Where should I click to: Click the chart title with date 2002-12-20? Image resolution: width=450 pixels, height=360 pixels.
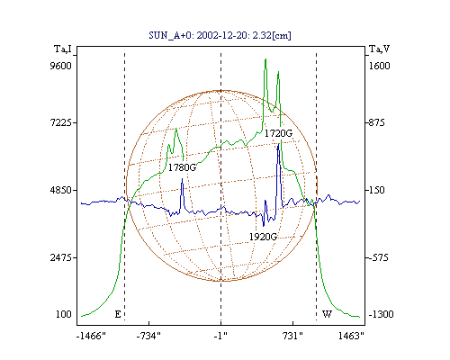point(220,35)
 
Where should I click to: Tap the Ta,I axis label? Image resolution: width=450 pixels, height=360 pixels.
point(63,49)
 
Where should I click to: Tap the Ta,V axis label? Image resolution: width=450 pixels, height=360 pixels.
point(379,49)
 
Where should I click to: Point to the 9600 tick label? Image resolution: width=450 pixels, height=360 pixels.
point(60,66)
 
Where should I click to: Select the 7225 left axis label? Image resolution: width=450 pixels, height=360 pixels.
point(61,122)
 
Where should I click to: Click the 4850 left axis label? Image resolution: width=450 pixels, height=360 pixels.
point(61,190)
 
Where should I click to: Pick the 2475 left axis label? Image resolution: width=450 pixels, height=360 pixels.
point(61,257)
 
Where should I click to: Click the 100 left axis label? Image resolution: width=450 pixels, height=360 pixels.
point(64,314)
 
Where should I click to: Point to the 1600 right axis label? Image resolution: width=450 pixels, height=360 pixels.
point(379,66)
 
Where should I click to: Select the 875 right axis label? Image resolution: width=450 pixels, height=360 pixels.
point(376,122)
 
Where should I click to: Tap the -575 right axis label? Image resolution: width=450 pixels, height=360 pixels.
point(378,257)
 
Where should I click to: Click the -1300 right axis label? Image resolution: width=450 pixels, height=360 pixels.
point(381,314)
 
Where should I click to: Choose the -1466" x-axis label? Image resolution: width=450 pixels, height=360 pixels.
point(91,336)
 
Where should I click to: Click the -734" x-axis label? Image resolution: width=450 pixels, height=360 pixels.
point(148,336)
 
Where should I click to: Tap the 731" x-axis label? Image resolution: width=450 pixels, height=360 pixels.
point(292,336)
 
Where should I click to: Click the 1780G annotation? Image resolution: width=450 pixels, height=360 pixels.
point(182,167)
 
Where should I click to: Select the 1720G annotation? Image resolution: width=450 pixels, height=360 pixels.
point(278,133)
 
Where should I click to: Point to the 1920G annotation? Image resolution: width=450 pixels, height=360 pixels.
point(263,237)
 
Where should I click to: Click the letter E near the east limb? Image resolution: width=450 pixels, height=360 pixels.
point(118,314)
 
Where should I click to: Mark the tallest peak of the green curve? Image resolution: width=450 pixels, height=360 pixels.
point(265,59)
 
